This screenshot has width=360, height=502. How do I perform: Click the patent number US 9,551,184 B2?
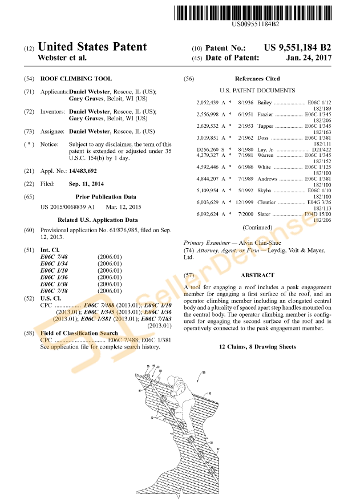tap(297, 48)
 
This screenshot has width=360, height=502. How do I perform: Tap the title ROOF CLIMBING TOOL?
tap(76, 79)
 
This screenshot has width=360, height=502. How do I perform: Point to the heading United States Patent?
tap(92, 47)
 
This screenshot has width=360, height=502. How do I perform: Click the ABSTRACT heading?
tap(257, 275)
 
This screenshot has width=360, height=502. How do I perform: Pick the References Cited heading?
tap(257, 79)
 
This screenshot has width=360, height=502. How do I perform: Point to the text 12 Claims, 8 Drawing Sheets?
tap(257, 347)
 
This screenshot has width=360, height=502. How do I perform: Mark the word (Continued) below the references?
tap(257, 228)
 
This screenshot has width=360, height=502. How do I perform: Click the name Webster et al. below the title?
tap(62, 58)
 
